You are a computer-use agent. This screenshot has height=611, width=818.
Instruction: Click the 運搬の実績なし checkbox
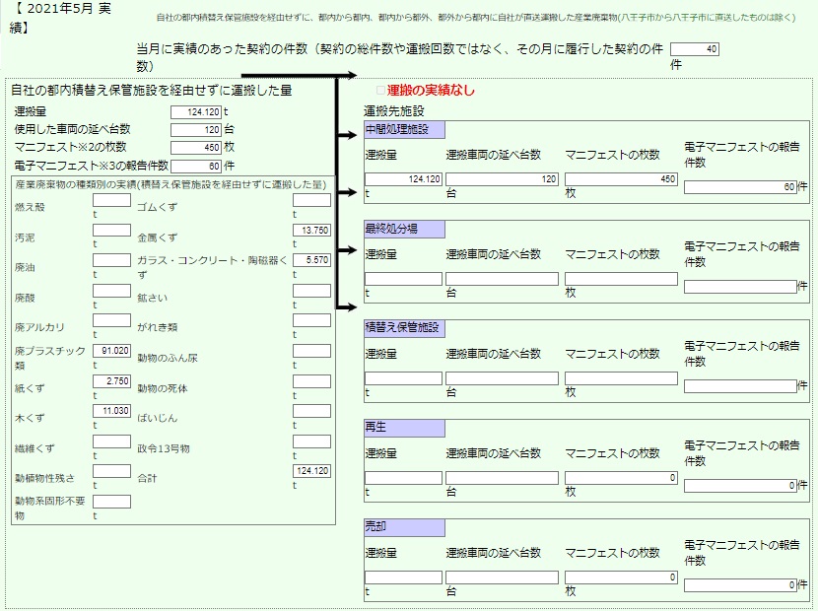click(x=380, y=91)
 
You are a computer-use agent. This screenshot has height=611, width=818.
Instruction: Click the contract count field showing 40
click(x=695, y=49)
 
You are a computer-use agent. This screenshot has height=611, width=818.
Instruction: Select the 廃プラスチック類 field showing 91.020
click(x=111, y=351)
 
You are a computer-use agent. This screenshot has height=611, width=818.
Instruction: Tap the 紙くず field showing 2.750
click(x=111, y=381)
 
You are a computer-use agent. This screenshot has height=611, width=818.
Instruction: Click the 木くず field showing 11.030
click(x=111, y=411)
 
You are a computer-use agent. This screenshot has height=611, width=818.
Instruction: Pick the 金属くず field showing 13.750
click(x=312, y=230)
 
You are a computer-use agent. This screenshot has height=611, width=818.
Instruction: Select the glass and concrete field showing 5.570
click(x=312, y=260)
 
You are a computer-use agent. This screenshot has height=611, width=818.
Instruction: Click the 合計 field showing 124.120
click(x=312, y=471)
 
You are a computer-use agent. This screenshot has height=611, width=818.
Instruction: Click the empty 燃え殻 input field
click(x=111, y=200)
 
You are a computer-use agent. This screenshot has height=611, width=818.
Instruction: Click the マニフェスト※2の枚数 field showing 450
click(x=196, y=147)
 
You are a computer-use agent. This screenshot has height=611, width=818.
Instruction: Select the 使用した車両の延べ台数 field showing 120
click(x=196, y=129)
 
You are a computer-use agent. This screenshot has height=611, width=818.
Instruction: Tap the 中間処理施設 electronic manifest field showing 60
click(x=740, y=187)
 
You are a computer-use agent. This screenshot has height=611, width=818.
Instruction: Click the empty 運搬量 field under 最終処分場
click(x=403, y=279)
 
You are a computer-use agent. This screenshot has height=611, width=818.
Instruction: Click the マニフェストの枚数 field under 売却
click(x=621, y=577)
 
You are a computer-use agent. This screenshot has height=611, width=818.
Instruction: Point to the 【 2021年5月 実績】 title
click(x=60, y=18)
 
